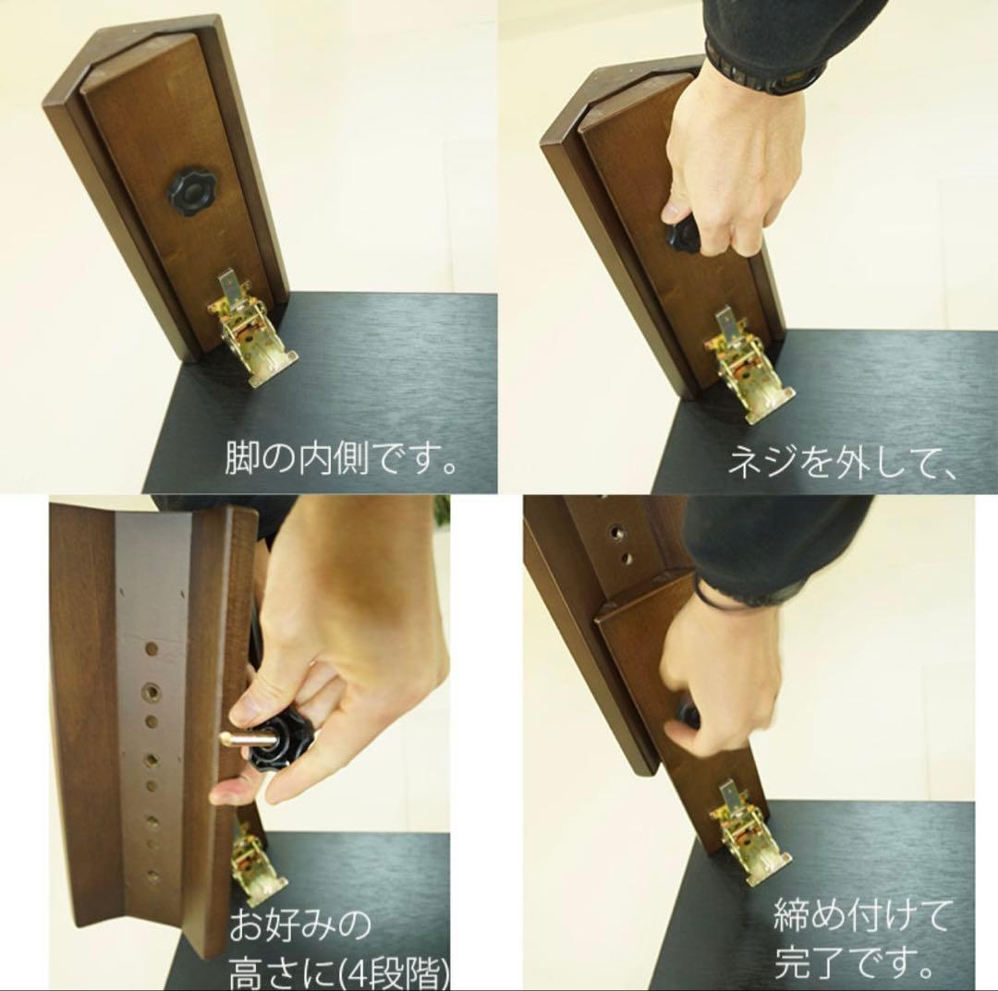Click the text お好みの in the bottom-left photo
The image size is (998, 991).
299,923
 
